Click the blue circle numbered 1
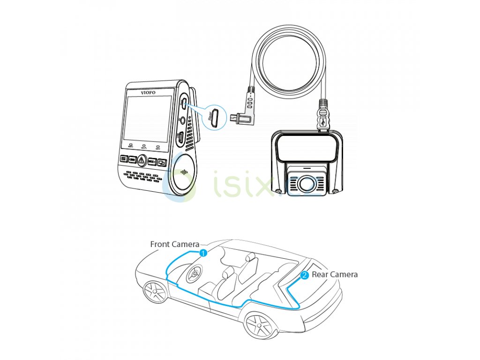[203, 253]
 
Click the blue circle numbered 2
[304, 275]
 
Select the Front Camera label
[174, 244]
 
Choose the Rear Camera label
[334, 274]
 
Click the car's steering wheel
[194, 274]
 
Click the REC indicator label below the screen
[130, 147]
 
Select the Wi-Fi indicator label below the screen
[144, 147]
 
